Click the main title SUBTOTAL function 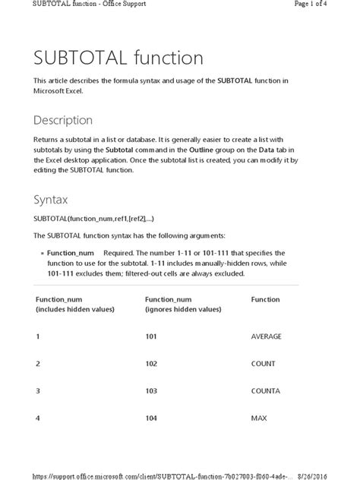[118, 58]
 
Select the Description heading [63, 120]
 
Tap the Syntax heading [51, 200]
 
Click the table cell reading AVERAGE [266, 336]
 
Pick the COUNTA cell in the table [266, 391]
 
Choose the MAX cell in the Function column [258, 418]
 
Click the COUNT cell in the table [263, 364]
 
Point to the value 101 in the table [151, 336]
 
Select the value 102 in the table [151, 364]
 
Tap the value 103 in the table [151, 391]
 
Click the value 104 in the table [151, 418]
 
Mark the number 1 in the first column [38, 336]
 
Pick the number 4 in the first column [38, 418]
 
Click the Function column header [265, 299]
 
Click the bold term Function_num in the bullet [71, 252]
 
